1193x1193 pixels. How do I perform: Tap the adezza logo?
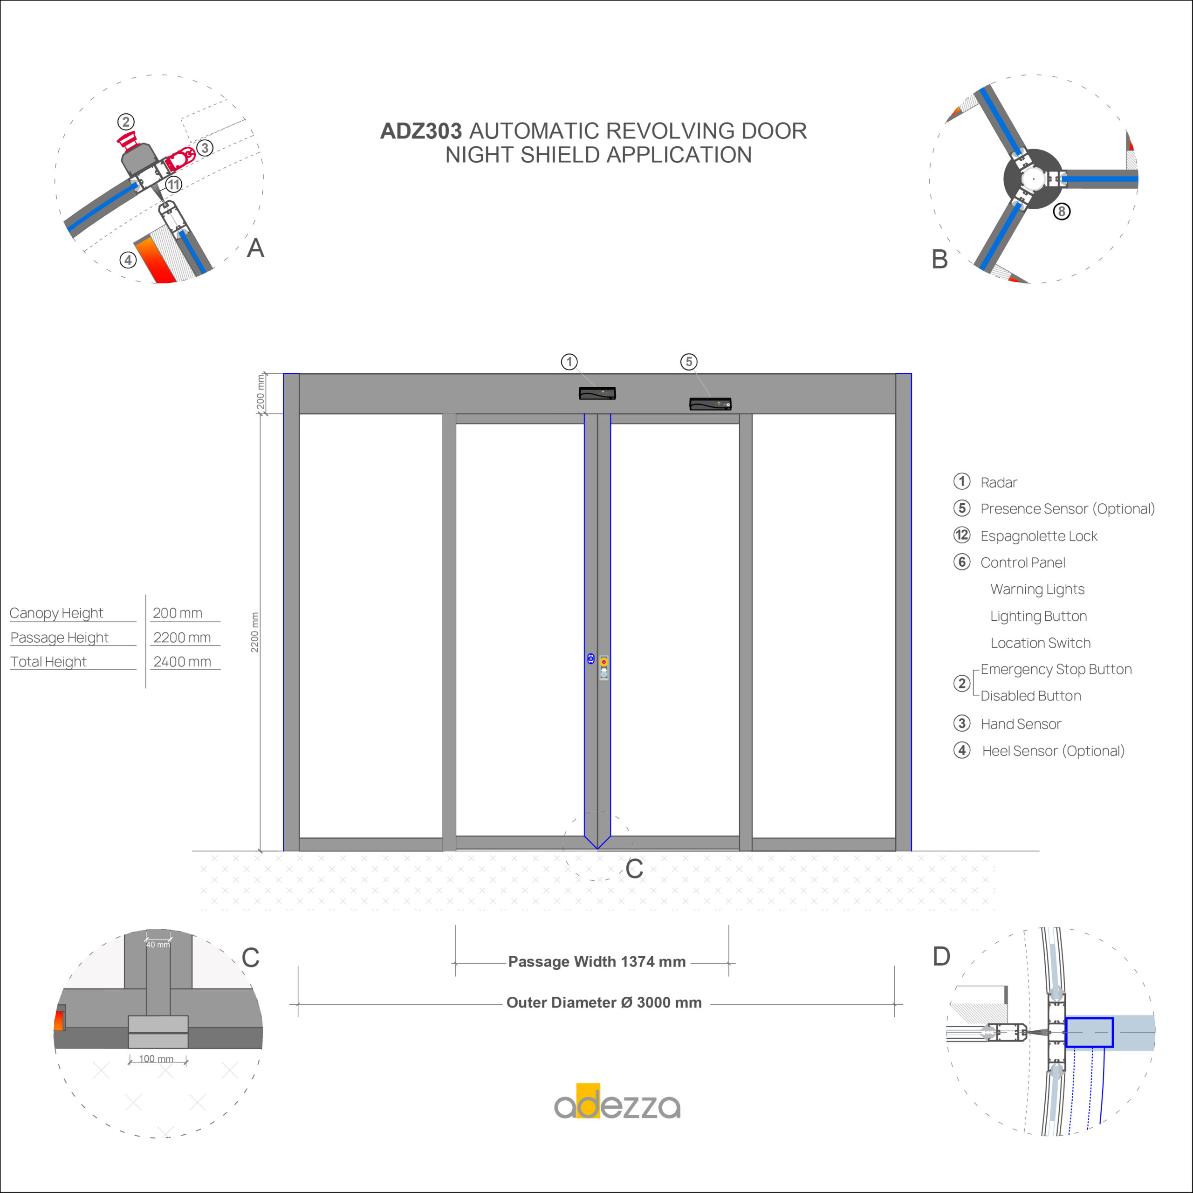tap(617, 1102)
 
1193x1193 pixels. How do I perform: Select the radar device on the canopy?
tap(597, 393)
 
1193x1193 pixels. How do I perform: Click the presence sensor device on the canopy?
tap(710, 404)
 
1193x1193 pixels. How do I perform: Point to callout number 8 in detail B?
tap(1062, 211)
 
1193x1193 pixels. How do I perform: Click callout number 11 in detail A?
tap(173, 184)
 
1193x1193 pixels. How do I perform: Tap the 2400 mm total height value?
tap(182, 661)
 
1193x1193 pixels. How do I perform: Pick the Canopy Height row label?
tap(56, 613)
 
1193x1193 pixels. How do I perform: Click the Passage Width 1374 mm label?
tap(596, 961)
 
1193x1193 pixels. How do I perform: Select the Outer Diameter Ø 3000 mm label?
tap(604, 1002)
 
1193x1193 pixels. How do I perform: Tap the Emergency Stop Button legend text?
tap(1056, 669)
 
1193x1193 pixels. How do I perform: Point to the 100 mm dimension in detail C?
tap(156, 1059)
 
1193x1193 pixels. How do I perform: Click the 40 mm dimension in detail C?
tap(158, 945)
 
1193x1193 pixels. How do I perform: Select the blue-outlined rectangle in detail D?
tap(1089, 1032)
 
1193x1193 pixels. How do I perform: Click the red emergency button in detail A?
tap(127, 141)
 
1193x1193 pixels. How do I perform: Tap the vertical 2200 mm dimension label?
tap(254, 632)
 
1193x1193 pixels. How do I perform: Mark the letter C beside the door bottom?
tap(634, 869)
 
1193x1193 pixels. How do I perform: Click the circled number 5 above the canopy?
tap(689, 362)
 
